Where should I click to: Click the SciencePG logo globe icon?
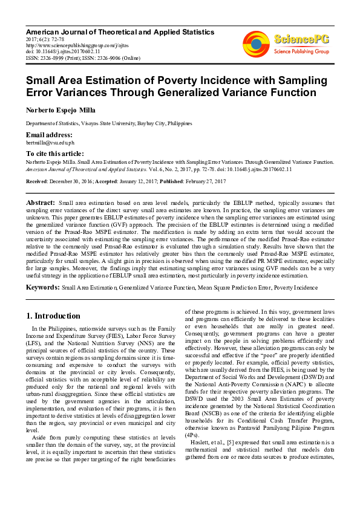coord(257,42)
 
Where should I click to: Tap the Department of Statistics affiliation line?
coord(108,123)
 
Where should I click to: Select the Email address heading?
coord(49,134)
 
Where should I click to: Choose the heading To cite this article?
coord(55,154)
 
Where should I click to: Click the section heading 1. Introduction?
coord(53,316)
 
